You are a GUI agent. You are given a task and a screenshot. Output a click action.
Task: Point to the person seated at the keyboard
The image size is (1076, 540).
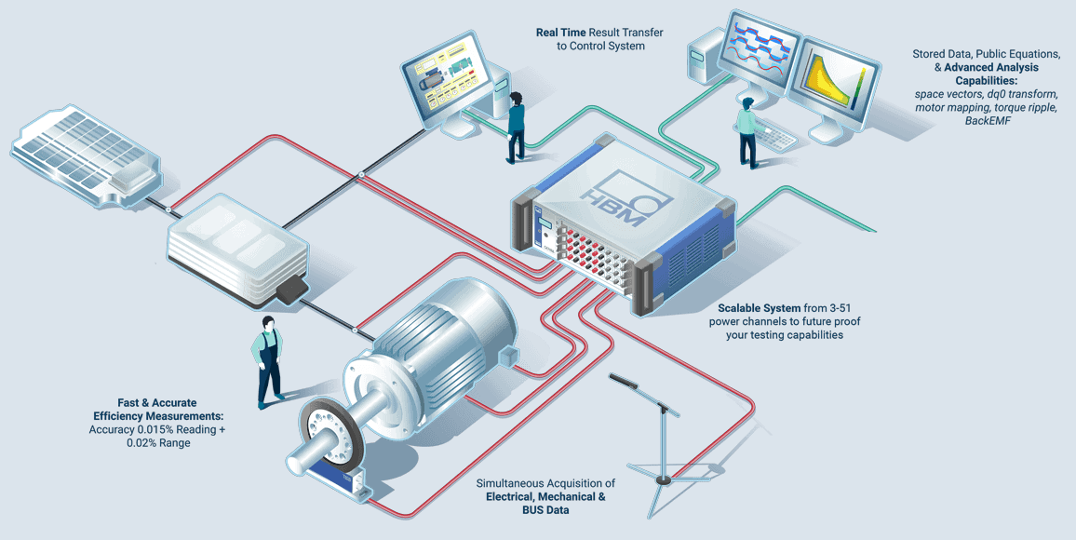pos(747,132)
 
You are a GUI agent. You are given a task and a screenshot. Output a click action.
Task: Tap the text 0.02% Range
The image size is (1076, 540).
pos(157,443)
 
